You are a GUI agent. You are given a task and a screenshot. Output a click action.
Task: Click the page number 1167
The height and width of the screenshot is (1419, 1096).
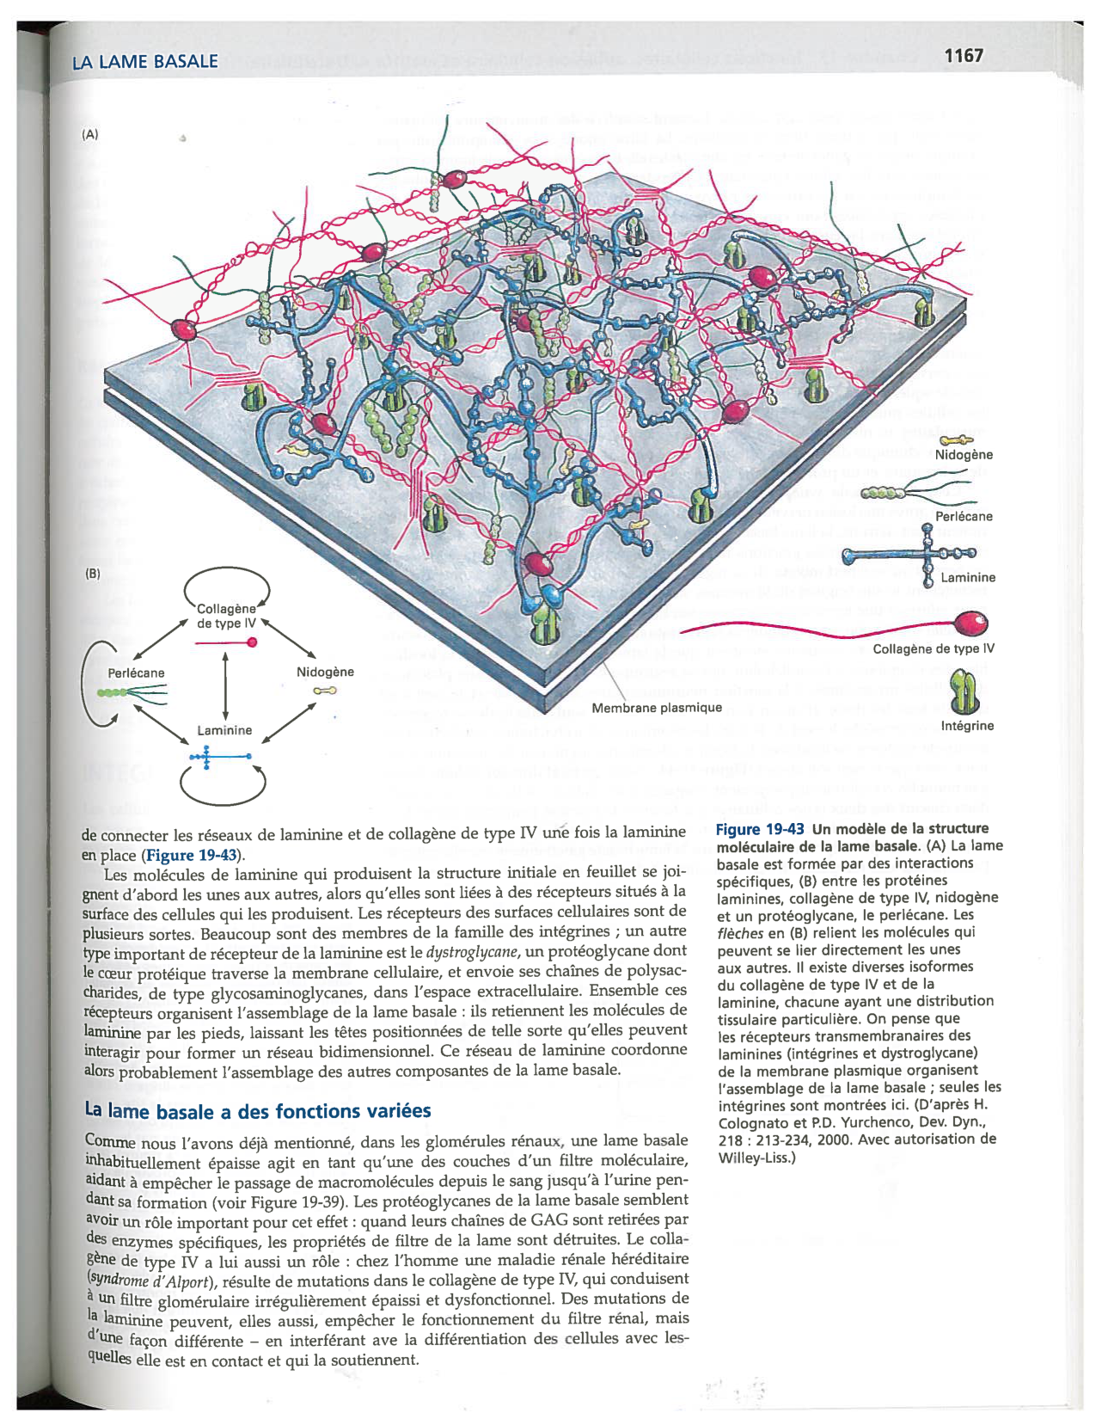tap(963, 56)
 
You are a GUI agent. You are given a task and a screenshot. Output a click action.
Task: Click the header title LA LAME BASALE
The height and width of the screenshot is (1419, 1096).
tap(144, 62)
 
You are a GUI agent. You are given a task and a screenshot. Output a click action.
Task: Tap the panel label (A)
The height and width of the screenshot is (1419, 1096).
tap(90, 134)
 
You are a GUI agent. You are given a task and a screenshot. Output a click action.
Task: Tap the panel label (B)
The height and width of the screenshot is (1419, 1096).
tap(92, 573)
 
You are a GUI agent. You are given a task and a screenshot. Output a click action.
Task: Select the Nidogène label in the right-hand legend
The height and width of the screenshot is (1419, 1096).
tap(964, 455)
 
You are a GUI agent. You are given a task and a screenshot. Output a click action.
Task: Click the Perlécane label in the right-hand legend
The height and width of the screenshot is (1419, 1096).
tap(964, 517)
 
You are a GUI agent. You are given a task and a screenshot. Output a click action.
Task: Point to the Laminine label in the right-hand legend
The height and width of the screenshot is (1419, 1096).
tap(968, 578)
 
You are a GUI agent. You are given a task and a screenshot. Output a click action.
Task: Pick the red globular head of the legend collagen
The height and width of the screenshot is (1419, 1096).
tap(971, 623)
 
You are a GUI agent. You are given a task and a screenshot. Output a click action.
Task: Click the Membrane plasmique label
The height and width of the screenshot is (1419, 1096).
tap(657, 708)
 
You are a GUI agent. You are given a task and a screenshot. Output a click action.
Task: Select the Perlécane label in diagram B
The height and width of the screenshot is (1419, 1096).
tap(136, 673)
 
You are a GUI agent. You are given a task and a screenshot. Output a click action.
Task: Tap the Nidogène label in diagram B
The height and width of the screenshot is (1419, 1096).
tap(325, 672)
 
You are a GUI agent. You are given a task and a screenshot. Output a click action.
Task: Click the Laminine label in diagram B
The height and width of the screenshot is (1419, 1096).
tap(224, 730)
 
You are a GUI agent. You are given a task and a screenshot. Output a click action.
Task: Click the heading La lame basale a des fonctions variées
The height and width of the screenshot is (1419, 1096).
tap(258, 1111)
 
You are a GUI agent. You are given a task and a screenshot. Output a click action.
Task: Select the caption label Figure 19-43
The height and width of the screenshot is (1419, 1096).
tap(760, 829)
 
